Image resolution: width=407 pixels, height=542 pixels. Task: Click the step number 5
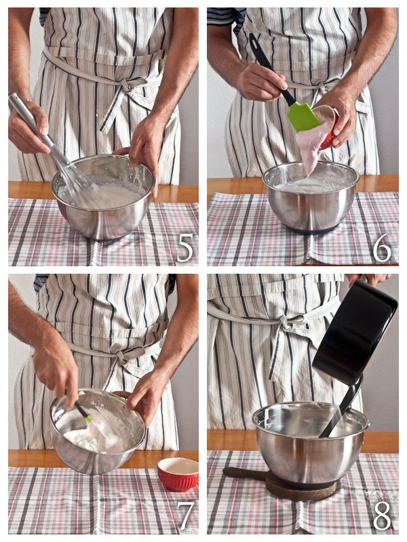pyautogui.click(x=185, y=248)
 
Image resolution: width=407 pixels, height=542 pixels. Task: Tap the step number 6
pyautogui.click(x=382, y=247)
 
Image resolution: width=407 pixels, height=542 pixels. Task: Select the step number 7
pyautogui.click(x=185, y=516)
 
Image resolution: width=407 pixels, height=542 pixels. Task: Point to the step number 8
pyautogui.click(x=382, y=516)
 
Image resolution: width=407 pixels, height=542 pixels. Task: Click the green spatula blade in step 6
pyautogui.click(x=303, y=116)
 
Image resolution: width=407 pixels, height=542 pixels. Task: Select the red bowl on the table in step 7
pyautogui.click(x=178, y=474)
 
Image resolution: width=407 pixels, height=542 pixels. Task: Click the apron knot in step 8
pyautogui.click(x=290, y=322)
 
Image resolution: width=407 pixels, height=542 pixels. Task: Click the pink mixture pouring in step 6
pyautogui.click(x=312, y=144)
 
